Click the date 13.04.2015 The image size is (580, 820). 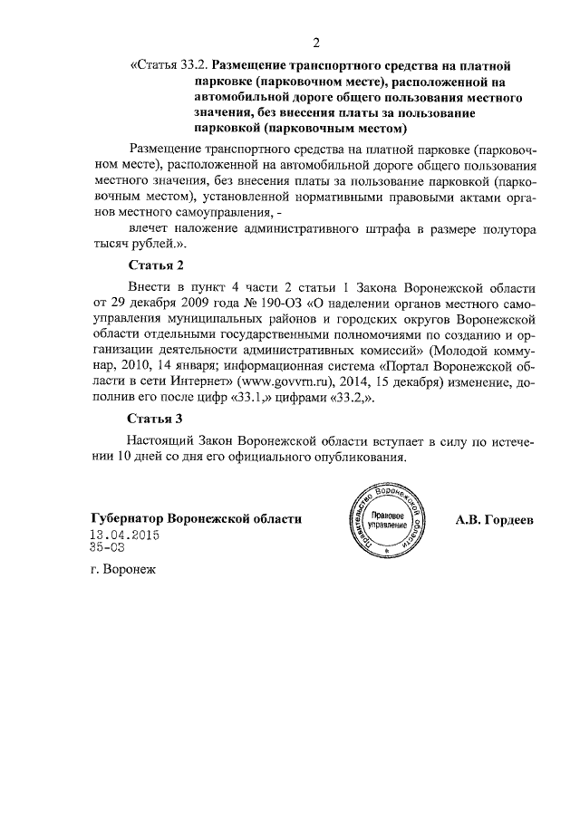click(x=124, y=535)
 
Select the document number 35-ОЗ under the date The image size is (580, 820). click(x=107, y=548)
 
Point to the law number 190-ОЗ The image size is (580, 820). click(x=257, y=304)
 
